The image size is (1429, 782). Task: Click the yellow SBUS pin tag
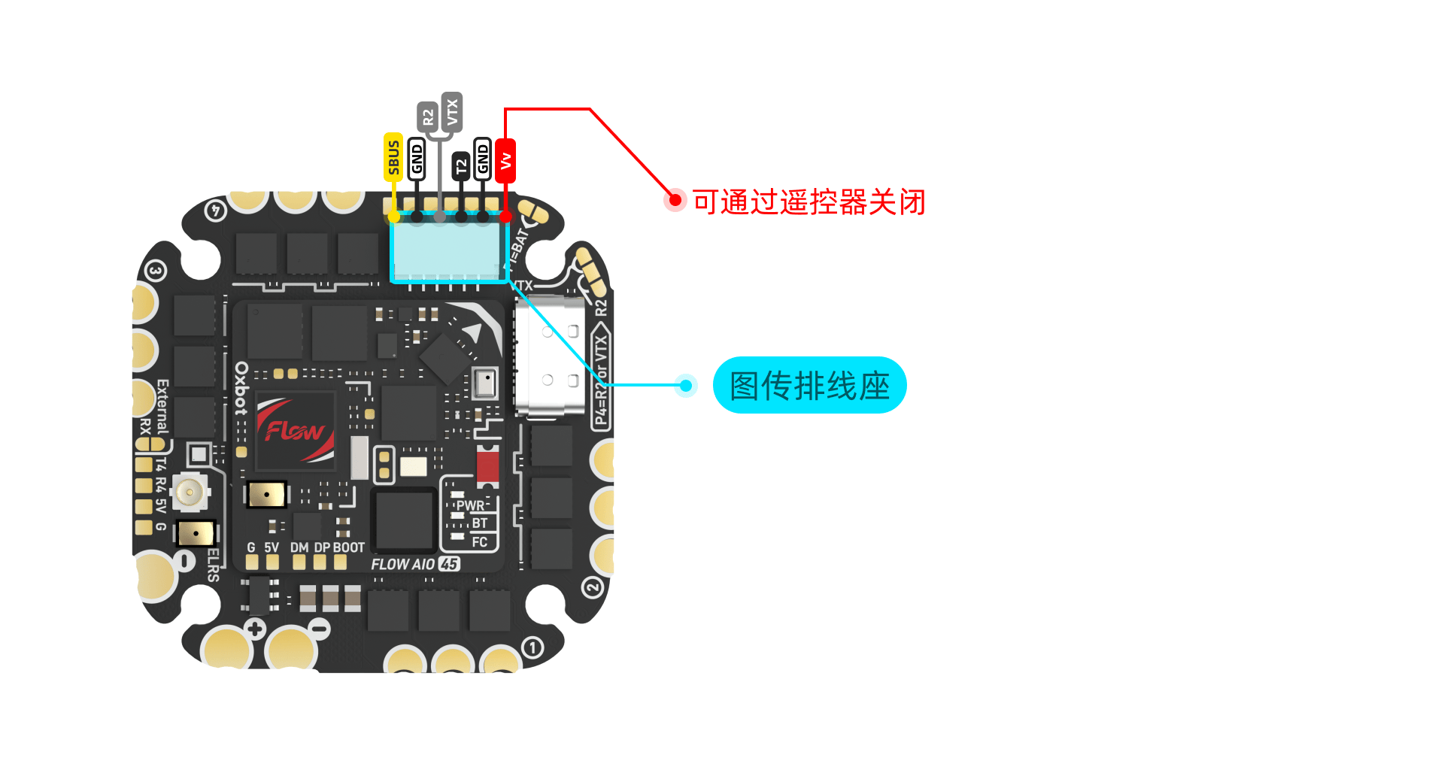pyautogui.click(x=393, y=157)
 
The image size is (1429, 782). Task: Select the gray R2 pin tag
pyautogui.click(x=427, y=117)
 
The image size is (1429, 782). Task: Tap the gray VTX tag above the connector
pyautogui.click(x=451, y=112)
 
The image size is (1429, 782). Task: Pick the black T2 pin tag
pyautogui.click(x=461, y=165)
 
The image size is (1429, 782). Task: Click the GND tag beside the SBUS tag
pyautogui.click(x=417, y=159)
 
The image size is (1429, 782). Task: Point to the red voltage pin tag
pyautogui.click(x=505, y=160)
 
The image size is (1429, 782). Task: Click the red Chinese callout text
pyautogui.click(x=809, y=202)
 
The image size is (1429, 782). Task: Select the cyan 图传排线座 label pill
pyautogui.click(x=809, y=385)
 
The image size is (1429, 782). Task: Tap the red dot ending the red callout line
pyautogui.click(x=675, y=200)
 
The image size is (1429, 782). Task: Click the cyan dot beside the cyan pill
pyautogui.click(x=685, y=386)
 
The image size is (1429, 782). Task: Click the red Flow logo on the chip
pyautogui.click(x=295, y=431)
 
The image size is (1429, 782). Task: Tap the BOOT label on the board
pyautogui.click(x=348, y=547)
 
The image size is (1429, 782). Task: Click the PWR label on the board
pyautogui.click(x=470, y=505)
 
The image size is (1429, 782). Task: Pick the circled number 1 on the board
pyautogui.click(x=532, y=647)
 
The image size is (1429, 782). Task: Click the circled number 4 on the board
pyautogui.click(x=216, y=211)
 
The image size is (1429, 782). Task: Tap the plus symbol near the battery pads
pyautogui.click(x=255, y=629)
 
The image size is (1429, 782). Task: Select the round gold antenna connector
pyautogui.click(x=190, y=493)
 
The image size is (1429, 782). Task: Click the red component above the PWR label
pyautogui.click(x=487, y=465)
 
